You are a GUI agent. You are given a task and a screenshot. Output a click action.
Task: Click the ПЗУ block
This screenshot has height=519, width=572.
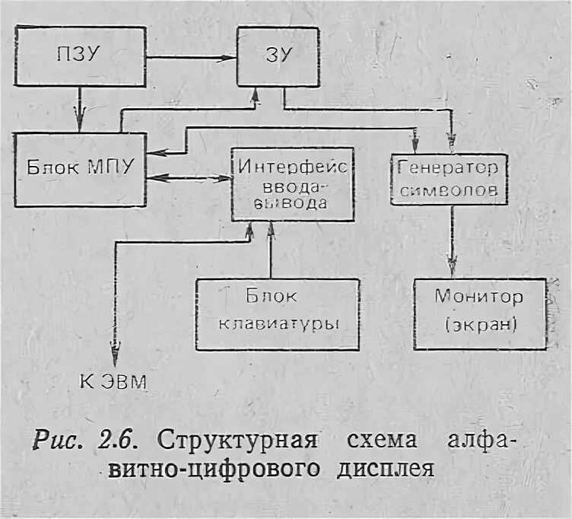tap(81, 56)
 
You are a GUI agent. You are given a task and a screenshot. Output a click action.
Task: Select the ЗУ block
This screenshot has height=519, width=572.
tap(277, 56)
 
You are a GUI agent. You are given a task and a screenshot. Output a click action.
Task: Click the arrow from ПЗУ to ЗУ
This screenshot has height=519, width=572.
tap(190, 57)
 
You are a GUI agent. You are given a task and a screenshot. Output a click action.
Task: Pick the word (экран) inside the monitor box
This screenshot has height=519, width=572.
tap(479, 325)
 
